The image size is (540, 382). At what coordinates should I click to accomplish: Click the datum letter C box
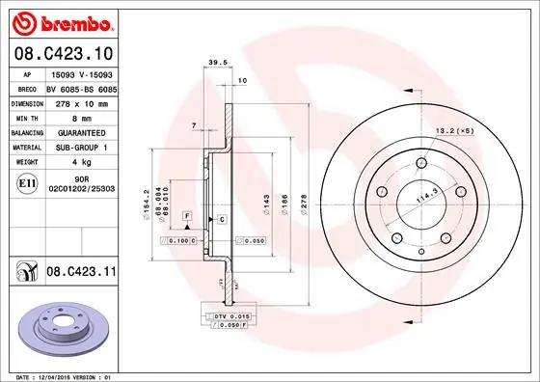(221, 220)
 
